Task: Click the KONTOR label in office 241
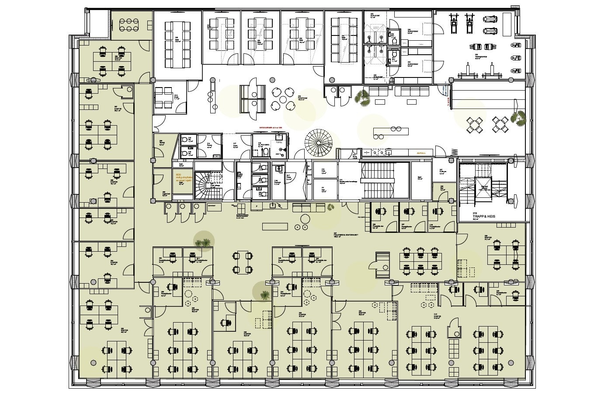[x=437, y=317]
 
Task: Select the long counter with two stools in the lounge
[x=391, y=132]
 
